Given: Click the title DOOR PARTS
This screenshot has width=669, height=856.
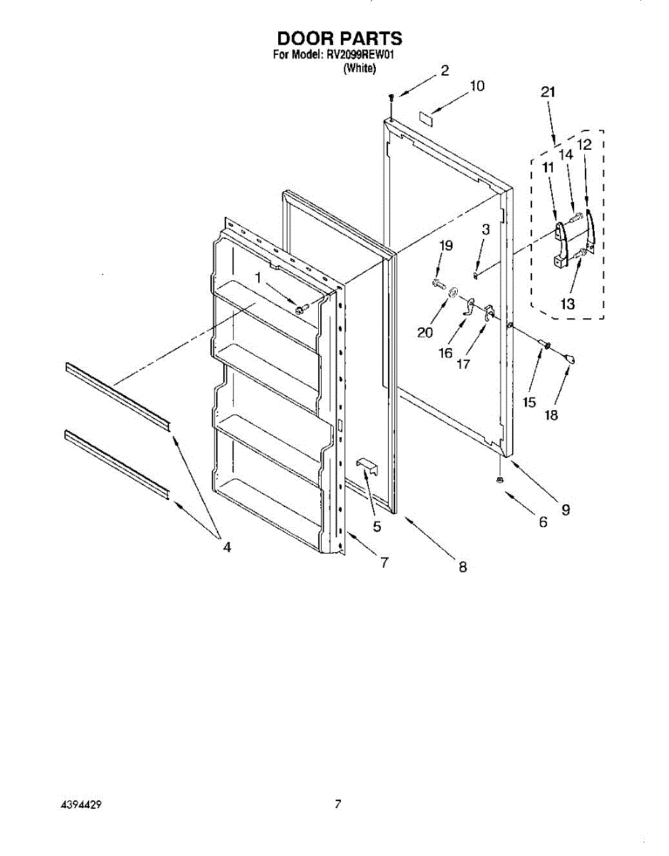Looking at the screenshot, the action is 339,38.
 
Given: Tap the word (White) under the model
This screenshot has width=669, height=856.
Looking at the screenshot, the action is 359,68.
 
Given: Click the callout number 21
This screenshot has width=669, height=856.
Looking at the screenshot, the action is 548,91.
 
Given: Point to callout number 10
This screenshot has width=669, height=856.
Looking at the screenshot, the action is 476,86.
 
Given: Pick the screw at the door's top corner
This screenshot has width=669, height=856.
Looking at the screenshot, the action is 392,97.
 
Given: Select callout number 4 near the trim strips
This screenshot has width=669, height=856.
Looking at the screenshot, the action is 227,547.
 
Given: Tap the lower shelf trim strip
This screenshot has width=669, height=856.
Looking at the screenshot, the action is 116,464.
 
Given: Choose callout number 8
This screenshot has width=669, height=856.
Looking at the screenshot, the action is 462,567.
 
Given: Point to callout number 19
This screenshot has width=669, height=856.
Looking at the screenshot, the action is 446,245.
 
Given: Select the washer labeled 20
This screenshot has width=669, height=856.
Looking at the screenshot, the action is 452,292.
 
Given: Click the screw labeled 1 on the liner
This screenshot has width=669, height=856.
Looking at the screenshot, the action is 300,309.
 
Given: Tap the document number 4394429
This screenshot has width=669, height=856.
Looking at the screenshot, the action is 81,804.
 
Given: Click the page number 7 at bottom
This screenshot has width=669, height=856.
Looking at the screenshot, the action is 338,804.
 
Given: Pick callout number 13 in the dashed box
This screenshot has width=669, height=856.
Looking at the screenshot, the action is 568,304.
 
